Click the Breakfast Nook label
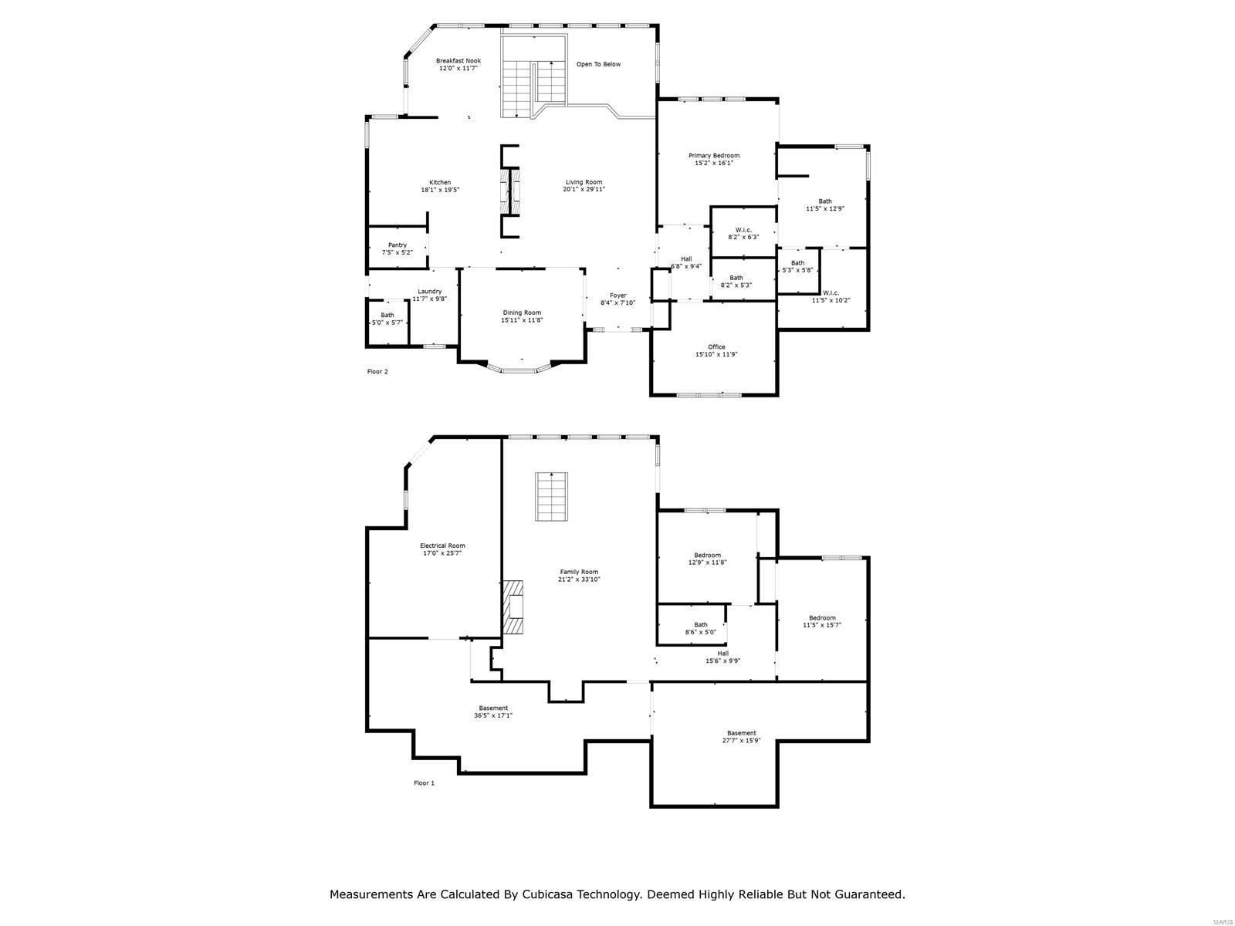(458, 61)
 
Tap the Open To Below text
(598, 64)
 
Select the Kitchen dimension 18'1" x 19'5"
(440, 190)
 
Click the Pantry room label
(398, 245)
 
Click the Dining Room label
(522, 313)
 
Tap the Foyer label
(617, 296)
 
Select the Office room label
(716, 347)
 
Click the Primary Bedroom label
(714, 156)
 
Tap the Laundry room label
(430, 292)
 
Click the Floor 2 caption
(377, 372)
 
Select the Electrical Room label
(442, 546)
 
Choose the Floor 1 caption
(424, 783)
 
